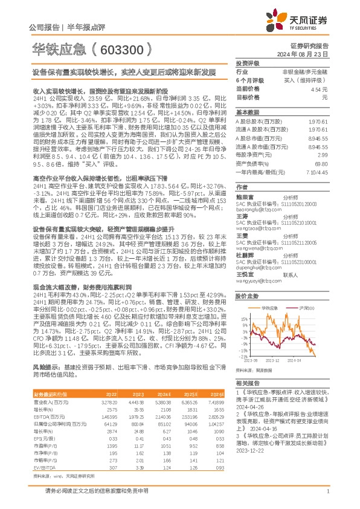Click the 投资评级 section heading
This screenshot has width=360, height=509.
click(x=248, y=63)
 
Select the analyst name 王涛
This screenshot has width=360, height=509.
click(x=242, y=215)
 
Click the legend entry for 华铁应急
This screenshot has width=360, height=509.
click(x=270, y=308)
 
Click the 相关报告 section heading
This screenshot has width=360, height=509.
click(x=248, y=384)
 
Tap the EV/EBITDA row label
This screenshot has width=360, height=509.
click(x=43, y=468)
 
